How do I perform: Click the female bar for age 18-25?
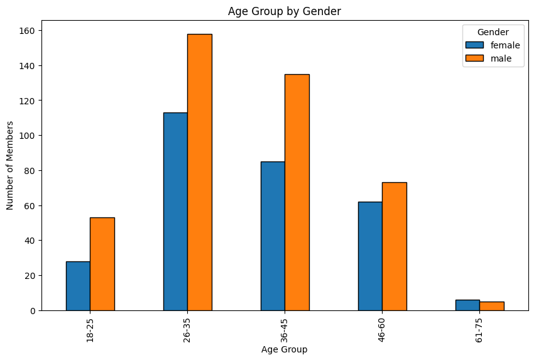click(78, 286)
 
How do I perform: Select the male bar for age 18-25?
click(102, 264)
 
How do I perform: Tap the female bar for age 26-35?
click(175, 211)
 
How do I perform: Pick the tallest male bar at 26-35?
click(200, 172)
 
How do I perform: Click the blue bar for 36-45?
click(273, 236)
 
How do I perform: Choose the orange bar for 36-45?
click(297, 192)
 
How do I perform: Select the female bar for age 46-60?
click(370, 256)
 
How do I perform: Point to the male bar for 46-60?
click(395, 246)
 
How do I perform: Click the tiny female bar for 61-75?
click(467, 305)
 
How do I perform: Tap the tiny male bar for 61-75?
click(492, 306)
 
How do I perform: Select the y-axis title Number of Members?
click(10, 165)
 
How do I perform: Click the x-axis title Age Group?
click(285, 349)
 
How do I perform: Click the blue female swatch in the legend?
click(474, 45)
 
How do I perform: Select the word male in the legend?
click(501, 58)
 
